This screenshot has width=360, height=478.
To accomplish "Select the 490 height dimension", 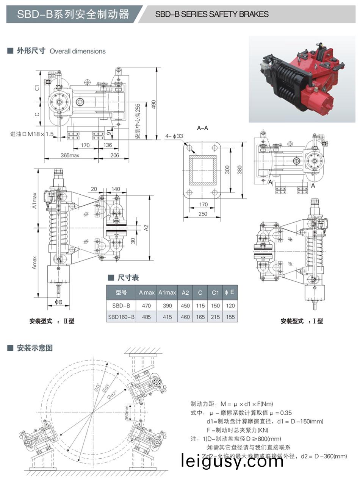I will [x=153, y=105].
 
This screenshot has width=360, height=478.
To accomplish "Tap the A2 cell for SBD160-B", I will [x=185, y=317].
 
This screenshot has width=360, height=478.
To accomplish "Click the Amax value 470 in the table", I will [x=146, y=306].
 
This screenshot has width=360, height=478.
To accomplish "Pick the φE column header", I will [x=230, y=292].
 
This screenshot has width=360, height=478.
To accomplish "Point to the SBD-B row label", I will [x=121, y=306].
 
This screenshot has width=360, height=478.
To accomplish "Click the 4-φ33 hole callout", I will [x=174, y=136].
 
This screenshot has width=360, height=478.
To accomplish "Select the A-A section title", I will [x=203, y=128].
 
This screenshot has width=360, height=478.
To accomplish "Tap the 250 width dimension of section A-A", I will [x=203, y=214].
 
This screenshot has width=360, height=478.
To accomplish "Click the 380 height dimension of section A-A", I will [x=239, y=170].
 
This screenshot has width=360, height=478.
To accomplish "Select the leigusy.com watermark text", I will [x=232, y=461].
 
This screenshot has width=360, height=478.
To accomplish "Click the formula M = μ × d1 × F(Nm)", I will [x=232, y=404].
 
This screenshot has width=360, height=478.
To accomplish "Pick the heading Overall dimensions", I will [x=78, y=51].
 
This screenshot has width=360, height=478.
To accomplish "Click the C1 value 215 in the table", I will [x=215, y=317].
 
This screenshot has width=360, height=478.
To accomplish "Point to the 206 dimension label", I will [x=114, y=155].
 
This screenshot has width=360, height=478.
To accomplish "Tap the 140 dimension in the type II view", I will [x=116, y=189].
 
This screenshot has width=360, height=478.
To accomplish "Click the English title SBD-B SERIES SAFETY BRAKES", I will [x=212, y=14].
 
